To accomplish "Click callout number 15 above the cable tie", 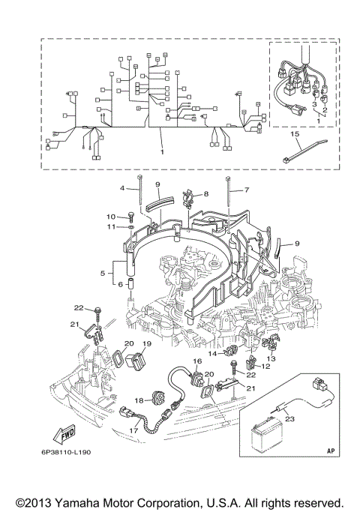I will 295,135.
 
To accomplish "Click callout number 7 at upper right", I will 243,191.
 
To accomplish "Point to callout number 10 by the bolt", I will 109,217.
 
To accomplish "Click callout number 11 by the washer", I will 109,226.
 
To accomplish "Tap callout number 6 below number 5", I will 118,284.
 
